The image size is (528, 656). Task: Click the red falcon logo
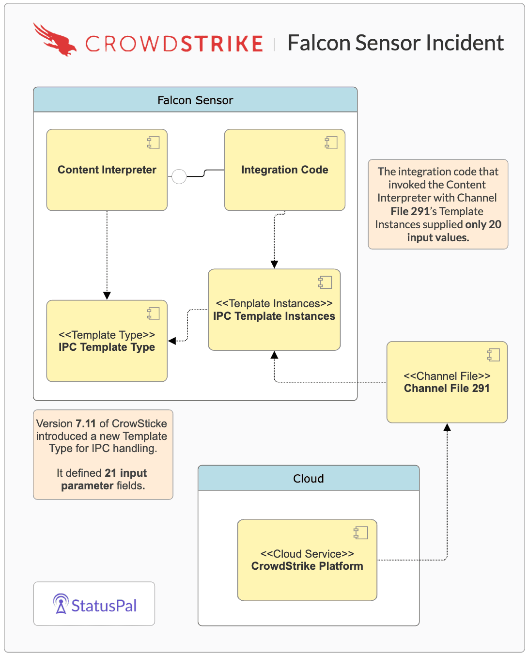pos(55,40)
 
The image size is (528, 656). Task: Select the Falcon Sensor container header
pos(195,100)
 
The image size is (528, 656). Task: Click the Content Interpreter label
pos(107,170)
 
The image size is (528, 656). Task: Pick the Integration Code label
pos(285,170)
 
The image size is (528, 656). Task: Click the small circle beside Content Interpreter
pos(179,177)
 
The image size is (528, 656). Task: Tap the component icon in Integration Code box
pos(331,142)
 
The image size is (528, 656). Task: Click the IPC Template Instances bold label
pos(274,316)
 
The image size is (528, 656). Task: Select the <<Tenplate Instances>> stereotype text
pos(274,304)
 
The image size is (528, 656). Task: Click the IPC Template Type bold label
pos(107,347)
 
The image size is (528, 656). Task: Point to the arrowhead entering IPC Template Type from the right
pos(172,341)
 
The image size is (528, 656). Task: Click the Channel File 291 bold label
pos(447,389)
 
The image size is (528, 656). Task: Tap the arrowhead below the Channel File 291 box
pos(447,427)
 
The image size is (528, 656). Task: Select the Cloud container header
pos(309,479)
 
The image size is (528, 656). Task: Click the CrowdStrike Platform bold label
pos(307,566)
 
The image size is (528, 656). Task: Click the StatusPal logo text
pos(104,606)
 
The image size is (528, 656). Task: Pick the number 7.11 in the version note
pos(86,424)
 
